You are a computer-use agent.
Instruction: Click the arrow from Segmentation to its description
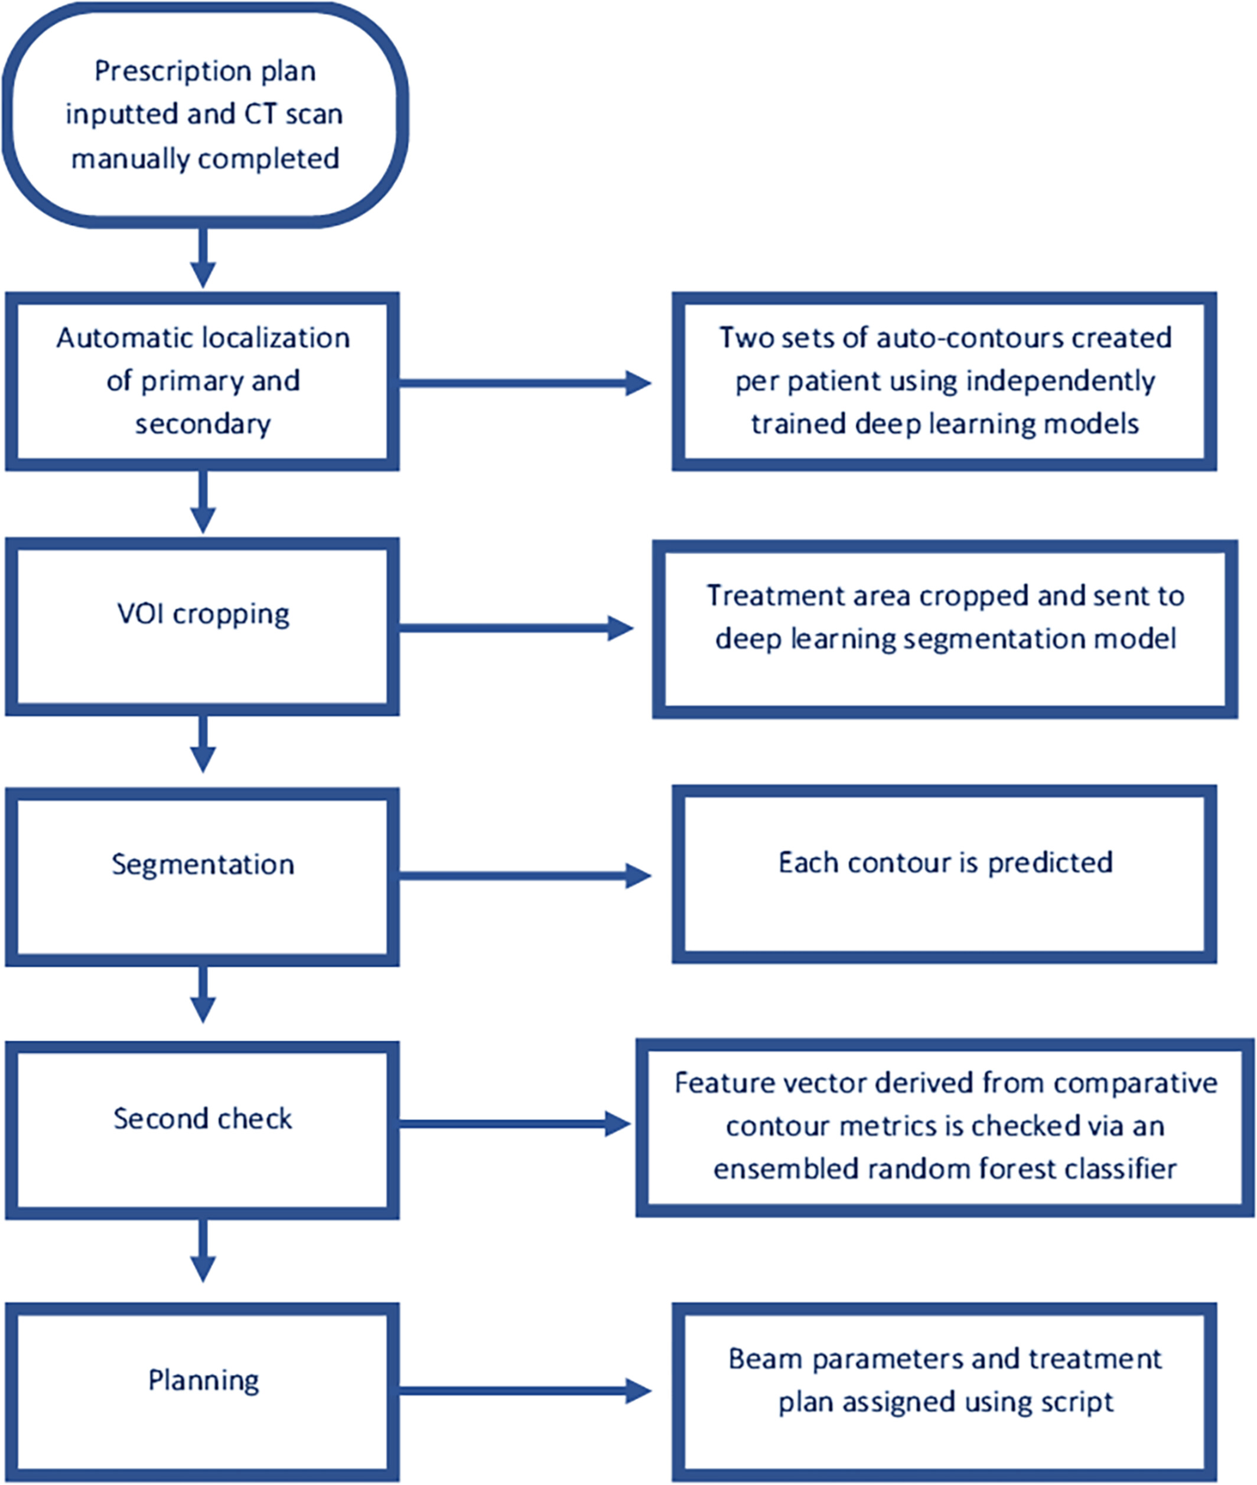click(525, 876)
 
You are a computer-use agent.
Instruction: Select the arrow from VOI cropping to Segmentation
click(203, 744)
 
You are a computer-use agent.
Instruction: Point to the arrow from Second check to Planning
click(203, 1250)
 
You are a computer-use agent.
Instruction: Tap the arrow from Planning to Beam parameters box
click(525, 1390)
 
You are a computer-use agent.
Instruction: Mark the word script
click(1077, 1402)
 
